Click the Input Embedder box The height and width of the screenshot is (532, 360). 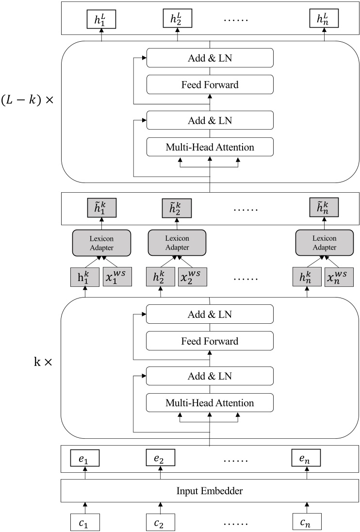tap(210, 491)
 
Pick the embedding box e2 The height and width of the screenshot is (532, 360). tap(161, 458)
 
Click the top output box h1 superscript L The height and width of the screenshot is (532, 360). tap(102, 19)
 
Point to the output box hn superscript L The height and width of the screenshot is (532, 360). tap(324, 19)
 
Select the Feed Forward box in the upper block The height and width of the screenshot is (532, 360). tap(210, 85)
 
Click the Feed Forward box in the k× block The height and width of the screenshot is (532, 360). tap(210, 341)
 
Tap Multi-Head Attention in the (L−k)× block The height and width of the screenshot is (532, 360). tap(210, 146)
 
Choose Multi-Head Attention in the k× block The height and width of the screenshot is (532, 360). tap(210, 403)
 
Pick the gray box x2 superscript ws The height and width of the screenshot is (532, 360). tap(192, 277)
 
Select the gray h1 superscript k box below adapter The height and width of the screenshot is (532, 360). tap(85, 277)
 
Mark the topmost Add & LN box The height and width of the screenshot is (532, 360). tap(210, 58)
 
